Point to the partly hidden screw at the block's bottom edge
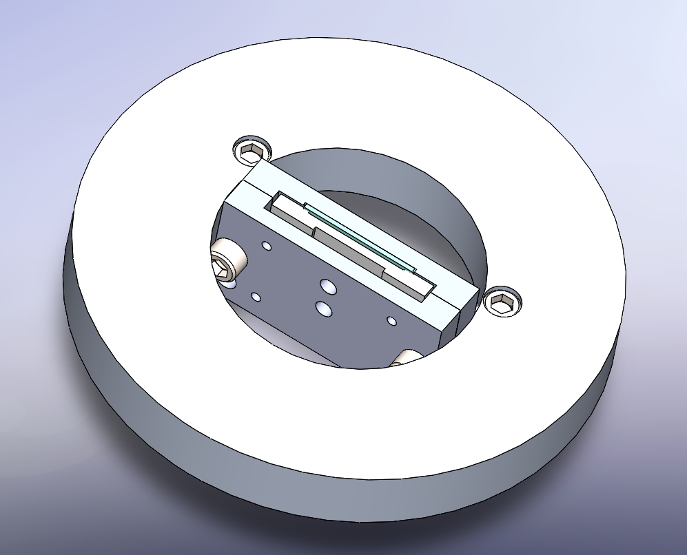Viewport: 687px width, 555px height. pos(408,357)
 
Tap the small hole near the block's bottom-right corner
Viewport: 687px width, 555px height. pos(391,321)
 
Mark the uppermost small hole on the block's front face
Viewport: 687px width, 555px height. pos(265,244)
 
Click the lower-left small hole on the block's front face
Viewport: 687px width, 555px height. pos(256,297)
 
